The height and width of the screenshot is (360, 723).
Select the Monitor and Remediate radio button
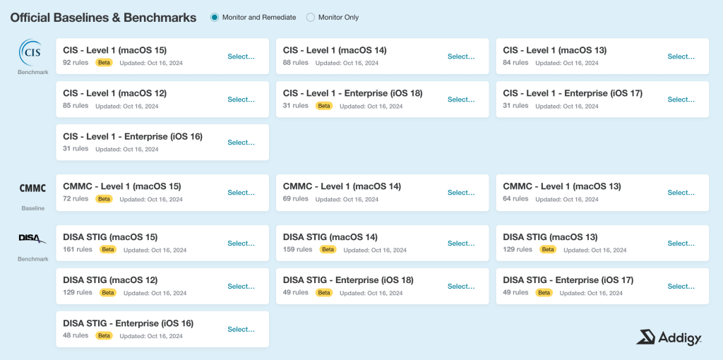pyautogui.click(x=215, y=18)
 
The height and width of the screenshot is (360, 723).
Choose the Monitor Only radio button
pyautogui.click(x=311, y=18)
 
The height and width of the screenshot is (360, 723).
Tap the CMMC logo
pyautogui.click(x=32, y=188)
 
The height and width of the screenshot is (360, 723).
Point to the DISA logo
pyautogui.click(x=32, y=239)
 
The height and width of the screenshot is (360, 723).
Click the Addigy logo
pyautogui.click(x=669, y=337)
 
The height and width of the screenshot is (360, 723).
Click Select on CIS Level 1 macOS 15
pyautogui.click(x=241, y=56)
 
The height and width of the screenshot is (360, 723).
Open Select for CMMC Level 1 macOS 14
pyautogui.click(x=461, y=193)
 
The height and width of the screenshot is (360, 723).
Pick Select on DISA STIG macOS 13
pyautogui.click(x=681, y=244)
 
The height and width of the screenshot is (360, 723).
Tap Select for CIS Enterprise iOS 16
pyautogui.click(x=241, y=143)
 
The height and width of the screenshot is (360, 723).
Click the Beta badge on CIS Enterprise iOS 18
pyautogui.click(x=324, y=106)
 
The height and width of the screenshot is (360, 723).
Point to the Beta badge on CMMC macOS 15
pyautogui.click(x=104, y=199)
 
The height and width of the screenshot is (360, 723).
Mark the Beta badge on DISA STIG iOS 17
pyautogui.click(x=544, y=293)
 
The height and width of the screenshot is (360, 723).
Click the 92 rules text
pyautogui.click(x=76, y=62)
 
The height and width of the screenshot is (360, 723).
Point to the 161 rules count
pyautogui.click(x=78, y=249)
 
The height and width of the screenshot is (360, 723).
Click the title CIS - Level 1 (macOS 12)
pyautogui.click(x=115, y=93)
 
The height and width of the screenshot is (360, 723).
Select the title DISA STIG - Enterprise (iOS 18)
pyautogui.click(x=348, y=280)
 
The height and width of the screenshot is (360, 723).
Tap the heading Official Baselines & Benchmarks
pyautogui.click(x=103, y=18)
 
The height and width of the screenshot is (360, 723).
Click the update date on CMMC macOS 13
pyautogui.click(x=567, y=199)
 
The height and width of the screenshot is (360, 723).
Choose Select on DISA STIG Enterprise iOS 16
pyautogui.click(x=241, y=329)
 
